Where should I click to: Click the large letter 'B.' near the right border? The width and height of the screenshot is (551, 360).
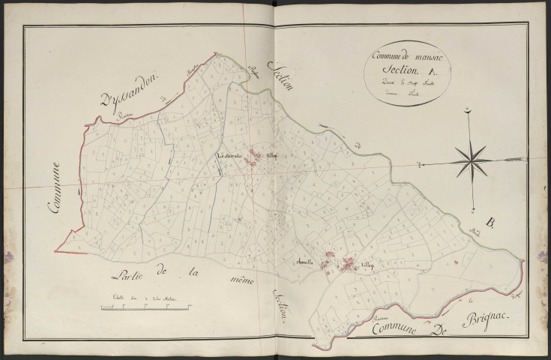pyautogui.click(x=490, y=223)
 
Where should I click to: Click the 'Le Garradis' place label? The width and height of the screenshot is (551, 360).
pyautogui.click(x=229, y=156)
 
